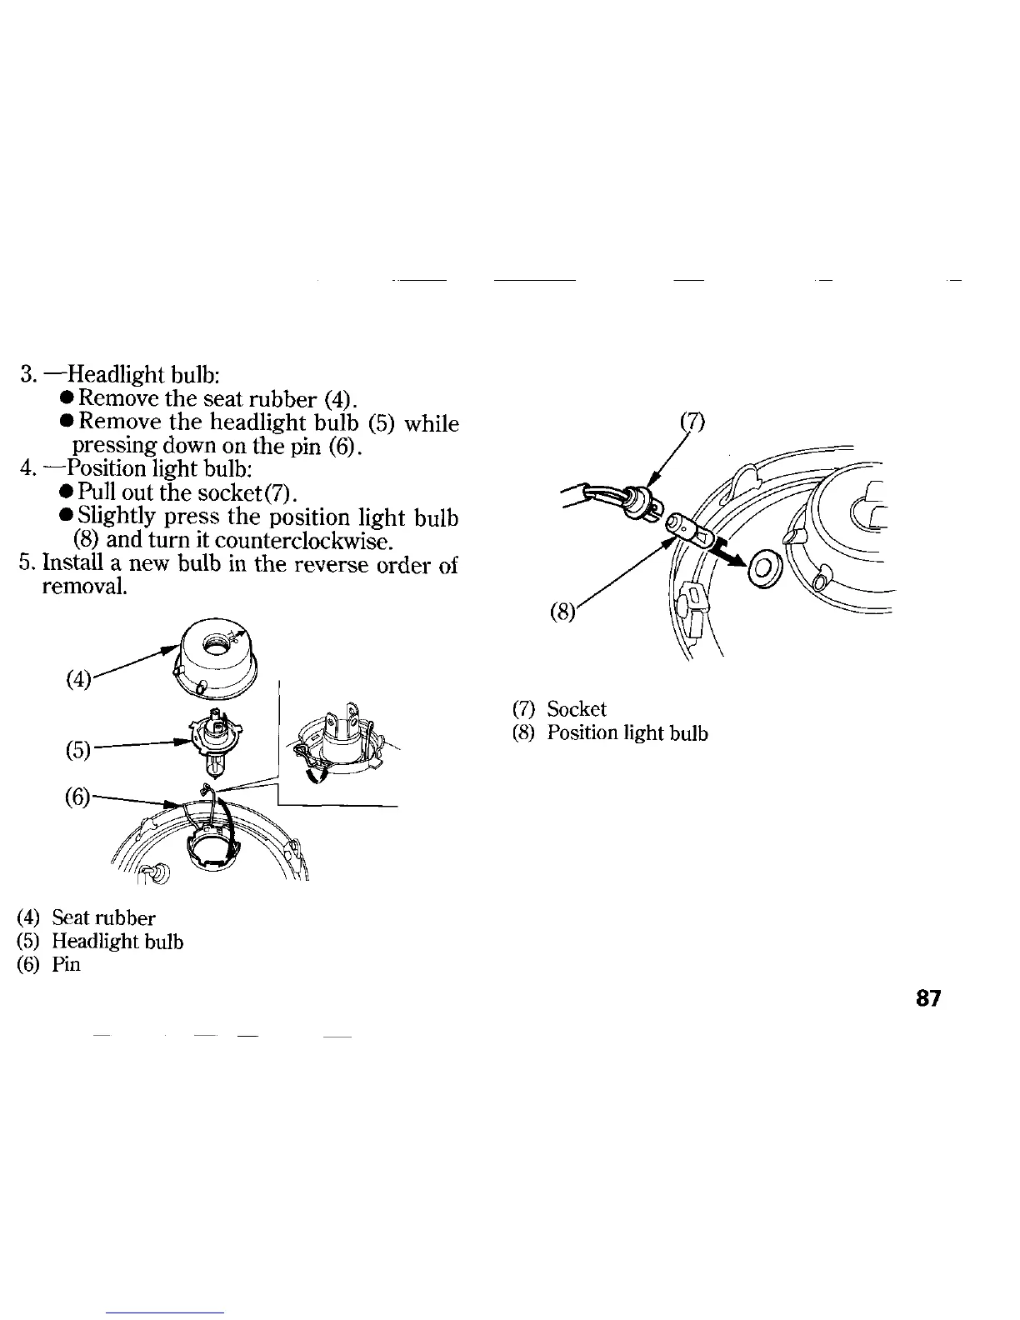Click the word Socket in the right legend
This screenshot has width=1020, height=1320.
(x=577, y=709)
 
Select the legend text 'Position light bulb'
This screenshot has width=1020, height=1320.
(x=627, y=732)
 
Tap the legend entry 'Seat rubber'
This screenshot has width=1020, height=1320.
(x=103, y=918)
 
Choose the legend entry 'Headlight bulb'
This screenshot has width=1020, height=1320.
(x=117, y=942)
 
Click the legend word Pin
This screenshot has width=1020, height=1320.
(x=66, y=965)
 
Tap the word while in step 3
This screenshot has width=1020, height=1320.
(x=432, y=424)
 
